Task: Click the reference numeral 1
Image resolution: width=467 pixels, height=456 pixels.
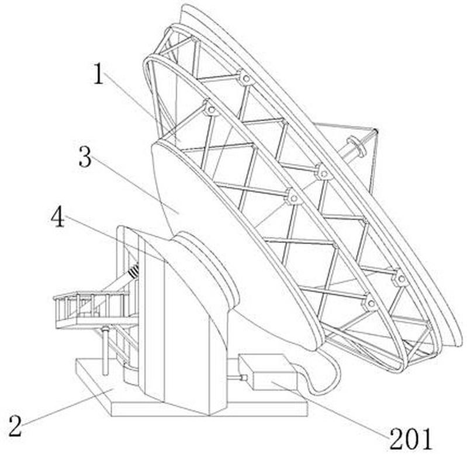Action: point(98,74)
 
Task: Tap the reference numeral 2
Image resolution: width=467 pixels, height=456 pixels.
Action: point(15,426)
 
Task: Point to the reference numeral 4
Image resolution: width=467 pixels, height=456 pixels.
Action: point(57,217)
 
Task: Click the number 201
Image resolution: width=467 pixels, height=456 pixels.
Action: point(411,438)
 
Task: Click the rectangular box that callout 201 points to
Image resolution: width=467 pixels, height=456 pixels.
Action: point(268,372)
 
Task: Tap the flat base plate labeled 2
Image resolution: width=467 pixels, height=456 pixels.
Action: point(191,397)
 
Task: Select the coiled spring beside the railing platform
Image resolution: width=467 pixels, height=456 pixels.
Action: point(134,271)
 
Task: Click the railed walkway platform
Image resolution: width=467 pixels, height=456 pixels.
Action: point(95,310)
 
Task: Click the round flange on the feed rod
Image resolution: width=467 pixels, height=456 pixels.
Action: point(357,146)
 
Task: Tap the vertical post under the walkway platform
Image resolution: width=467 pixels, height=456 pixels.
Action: point(104,351)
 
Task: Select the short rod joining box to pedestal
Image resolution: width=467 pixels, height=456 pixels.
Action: point(237,378)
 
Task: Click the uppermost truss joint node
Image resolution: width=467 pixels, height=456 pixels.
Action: point(245,78)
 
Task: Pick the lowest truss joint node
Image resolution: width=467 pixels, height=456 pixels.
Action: point(371,304)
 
